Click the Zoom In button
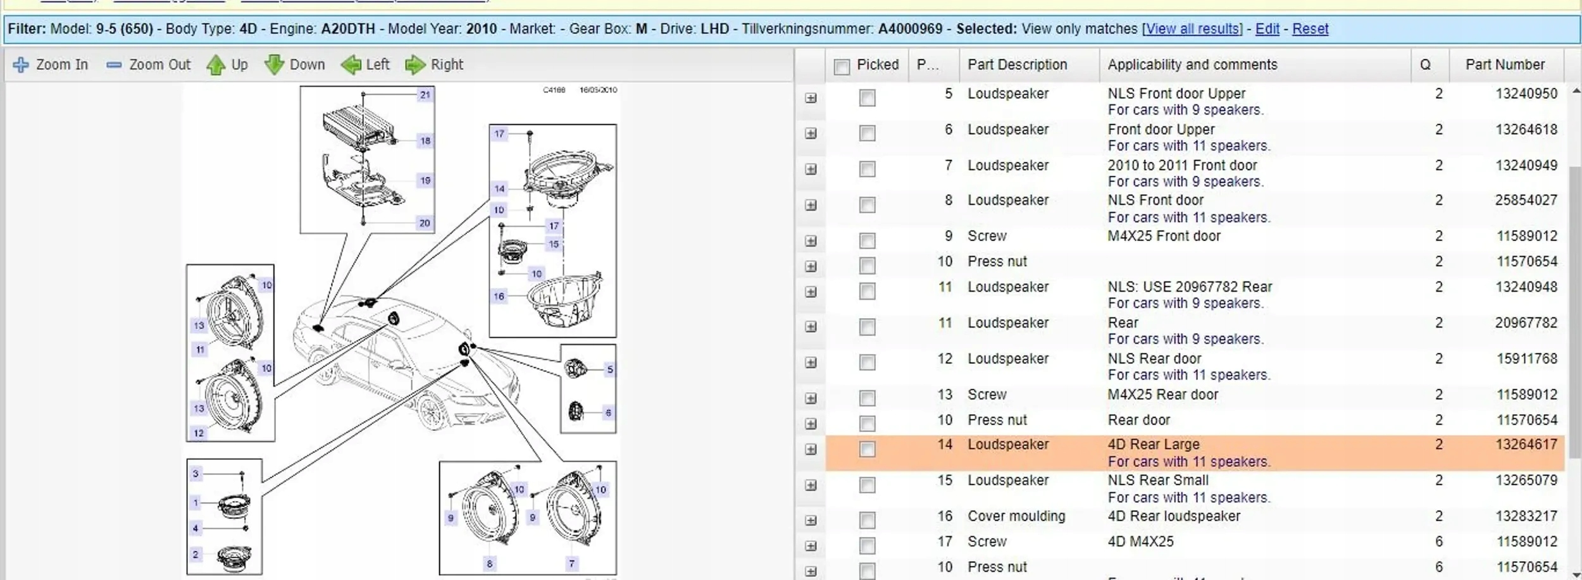[x=51, y=65]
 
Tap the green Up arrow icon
[x=216, y=65]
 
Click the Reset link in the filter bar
[x=1310, y=29]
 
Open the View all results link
[x=1192, y=29]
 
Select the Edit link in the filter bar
[x=1267, y=29]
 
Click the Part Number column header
[x=1505, y=65]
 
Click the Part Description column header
[x=1017, y=65]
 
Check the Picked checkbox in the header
[x=842, y=66]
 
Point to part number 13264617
[x=1526, y=445]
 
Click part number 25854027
[x=1526, y=201]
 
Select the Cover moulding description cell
[x=1016, y=516]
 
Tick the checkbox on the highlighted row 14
[x=867, y=449]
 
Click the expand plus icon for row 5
[x=811, y=98]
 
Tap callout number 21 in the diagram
[x=425, y=95]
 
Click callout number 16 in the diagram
[x=499, y=296]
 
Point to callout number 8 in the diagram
[x=489, y=564]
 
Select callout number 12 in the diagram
[x=199, y=433]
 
